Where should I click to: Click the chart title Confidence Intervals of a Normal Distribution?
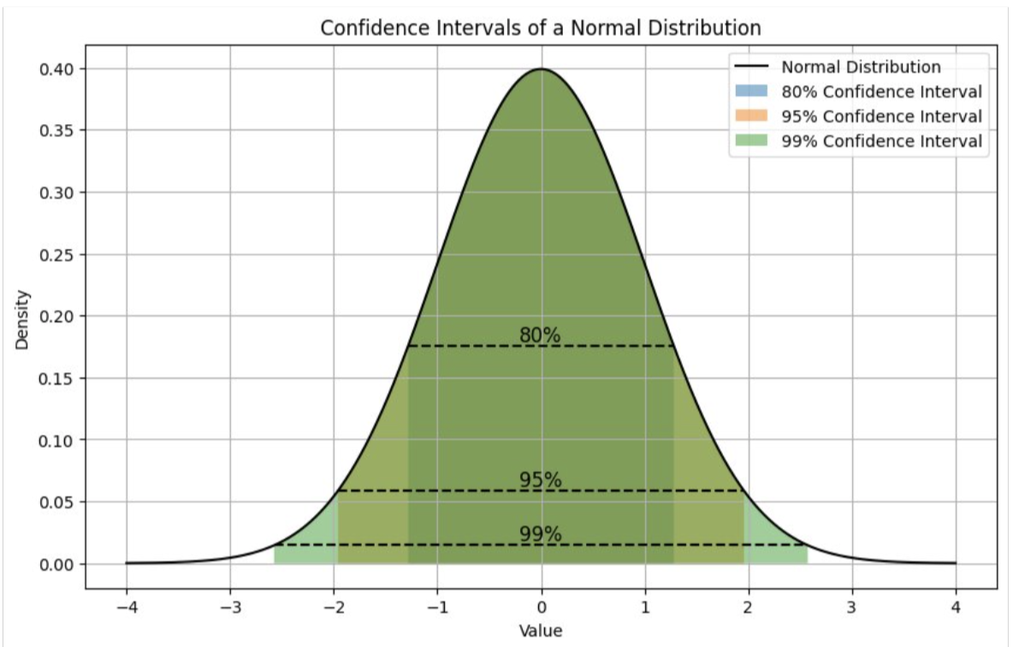pos(540,27)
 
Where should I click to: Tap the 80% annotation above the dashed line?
pos(540,335)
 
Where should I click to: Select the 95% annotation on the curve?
pos(540,480)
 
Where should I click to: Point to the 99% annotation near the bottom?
pos(540,535)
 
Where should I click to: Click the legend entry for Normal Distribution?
pos(861,68)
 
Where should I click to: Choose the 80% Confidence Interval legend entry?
pos(881,92)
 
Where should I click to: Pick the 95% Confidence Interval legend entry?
pos(881,116)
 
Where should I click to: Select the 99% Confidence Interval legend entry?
pos(881,141)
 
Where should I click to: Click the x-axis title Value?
pos(540,632)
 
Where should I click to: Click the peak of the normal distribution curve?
pos(541,69)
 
